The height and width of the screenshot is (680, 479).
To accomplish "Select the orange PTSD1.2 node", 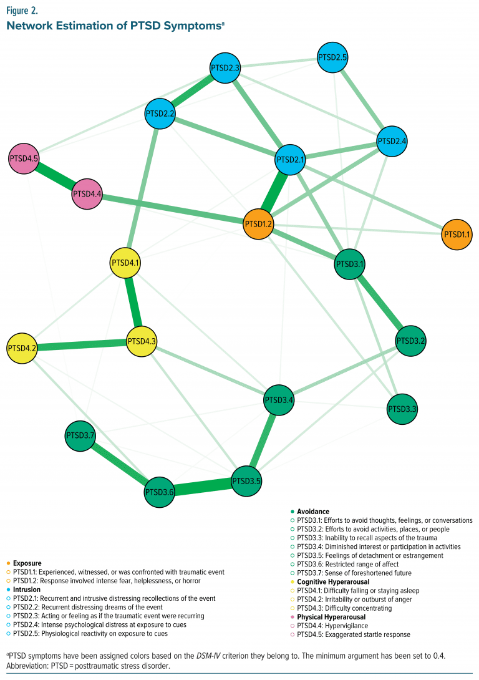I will click(258, 223).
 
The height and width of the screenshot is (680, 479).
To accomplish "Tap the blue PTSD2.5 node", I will click(332, 57).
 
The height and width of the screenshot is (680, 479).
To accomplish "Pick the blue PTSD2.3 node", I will click(225, 67).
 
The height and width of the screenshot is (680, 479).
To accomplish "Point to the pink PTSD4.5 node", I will click(24, 159).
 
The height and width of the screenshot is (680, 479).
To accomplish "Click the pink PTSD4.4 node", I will click(88, 194).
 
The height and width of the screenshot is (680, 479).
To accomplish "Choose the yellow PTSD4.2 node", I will click(22, 347).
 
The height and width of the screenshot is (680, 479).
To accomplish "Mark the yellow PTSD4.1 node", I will click(126, 263).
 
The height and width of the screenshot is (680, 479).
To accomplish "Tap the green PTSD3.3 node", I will click(402, 409).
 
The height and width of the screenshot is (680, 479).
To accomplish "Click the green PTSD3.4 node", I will click(279, 400).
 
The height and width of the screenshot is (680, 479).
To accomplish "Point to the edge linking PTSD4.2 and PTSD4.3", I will click(82, 344).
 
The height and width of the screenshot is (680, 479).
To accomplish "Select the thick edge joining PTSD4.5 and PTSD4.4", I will click(56, 177).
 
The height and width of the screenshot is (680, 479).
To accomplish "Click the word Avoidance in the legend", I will click(313, 512).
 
